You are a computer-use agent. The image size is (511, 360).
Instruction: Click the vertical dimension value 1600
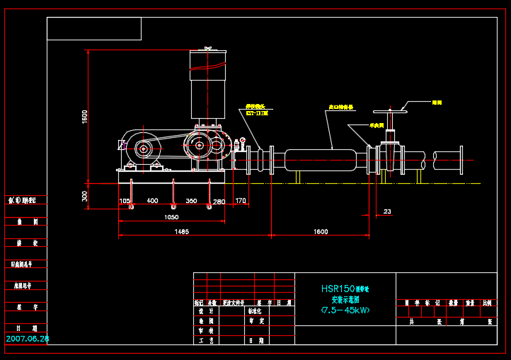pos(83,116)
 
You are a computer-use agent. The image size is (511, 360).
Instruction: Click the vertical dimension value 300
pos(83,197)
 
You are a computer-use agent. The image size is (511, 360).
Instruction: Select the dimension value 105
pos(125,202)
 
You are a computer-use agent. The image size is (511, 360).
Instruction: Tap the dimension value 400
pos(151,202)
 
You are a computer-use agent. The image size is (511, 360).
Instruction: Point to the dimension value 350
pos(191,202)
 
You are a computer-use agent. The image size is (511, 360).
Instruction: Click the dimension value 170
pos(241,202)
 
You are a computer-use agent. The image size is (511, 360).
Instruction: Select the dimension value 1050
pos(171,217)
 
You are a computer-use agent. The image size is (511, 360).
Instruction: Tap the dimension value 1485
pos(181,232)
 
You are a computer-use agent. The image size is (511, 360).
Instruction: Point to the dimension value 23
pos(386,211)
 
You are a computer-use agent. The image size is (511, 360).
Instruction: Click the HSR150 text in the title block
pos(336,289)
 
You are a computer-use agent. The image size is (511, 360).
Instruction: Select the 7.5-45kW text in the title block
pos(345,310)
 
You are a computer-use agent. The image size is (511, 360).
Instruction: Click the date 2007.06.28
pos(28,339)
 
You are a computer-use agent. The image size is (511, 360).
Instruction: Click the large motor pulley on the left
pos(144,149)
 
